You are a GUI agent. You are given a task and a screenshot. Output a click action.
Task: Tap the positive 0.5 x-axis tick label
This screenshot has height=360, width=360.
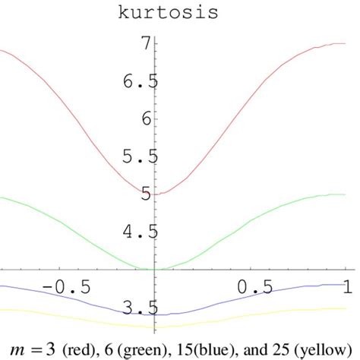[x=254, y=286]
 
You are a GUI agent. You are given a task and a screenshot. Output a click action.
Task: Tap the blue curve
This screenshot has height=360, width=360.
[x=76, y=298]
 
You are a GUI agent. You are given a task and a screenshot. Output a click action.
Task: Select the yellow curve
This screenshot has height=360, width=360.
[x=76, y=317]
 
